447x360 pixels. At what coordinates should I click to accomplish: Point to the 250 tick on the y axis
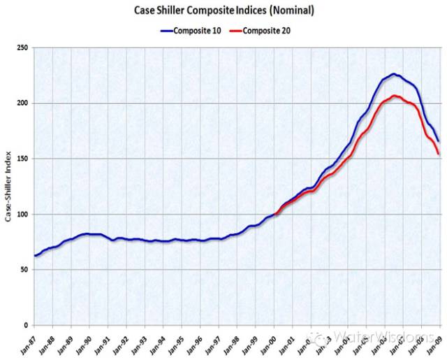22,48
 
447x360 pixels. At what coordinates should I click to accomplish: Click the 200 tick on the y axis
22,103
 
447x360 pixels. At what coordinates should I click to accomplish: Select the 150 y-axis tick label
22,159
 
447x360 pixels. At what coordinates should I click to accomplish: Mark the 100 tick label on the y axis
22,215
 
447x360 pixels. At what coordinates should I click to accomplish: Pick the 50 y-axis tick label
24,270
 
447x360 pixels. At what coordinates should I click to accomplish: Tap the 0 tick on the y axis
26,325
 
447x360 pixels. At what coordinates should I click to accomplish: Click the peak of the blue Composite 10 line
395,74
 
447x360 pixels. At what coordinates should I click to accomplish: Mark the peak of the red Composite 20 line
395,96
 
